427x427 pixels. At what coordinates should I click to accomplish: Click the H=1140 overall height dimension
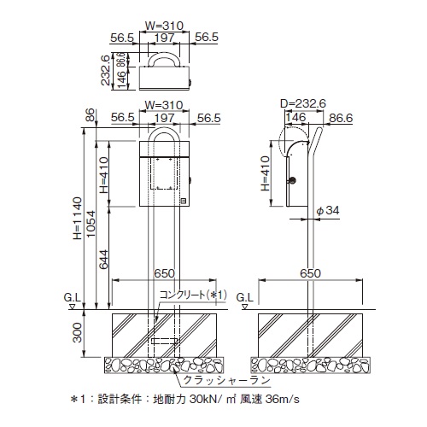click(78, 218)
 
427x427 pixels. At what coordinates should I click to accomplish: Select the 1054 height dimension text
click(91, 224)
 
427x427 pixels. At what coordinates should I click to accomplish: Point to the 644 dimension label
click(104, 260)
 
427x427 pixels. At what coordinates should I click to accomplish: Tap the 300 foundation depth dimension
click(77, 332)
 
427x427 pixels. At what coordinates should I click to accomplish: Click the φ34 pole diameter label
click(328, 210)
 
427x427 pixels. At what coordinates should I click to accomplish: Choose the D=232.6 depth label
click(303, 103)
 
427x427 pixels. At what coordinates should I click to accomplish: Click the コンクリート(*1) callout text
click(193, 295)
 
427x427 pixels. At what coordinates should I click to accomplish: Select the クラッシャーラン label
click(226, 380)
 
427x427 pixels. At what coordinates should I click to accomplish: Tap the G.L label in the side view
click(244, 298)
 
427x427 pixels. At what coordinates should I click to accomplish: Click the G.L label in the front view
click(73, 298)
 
